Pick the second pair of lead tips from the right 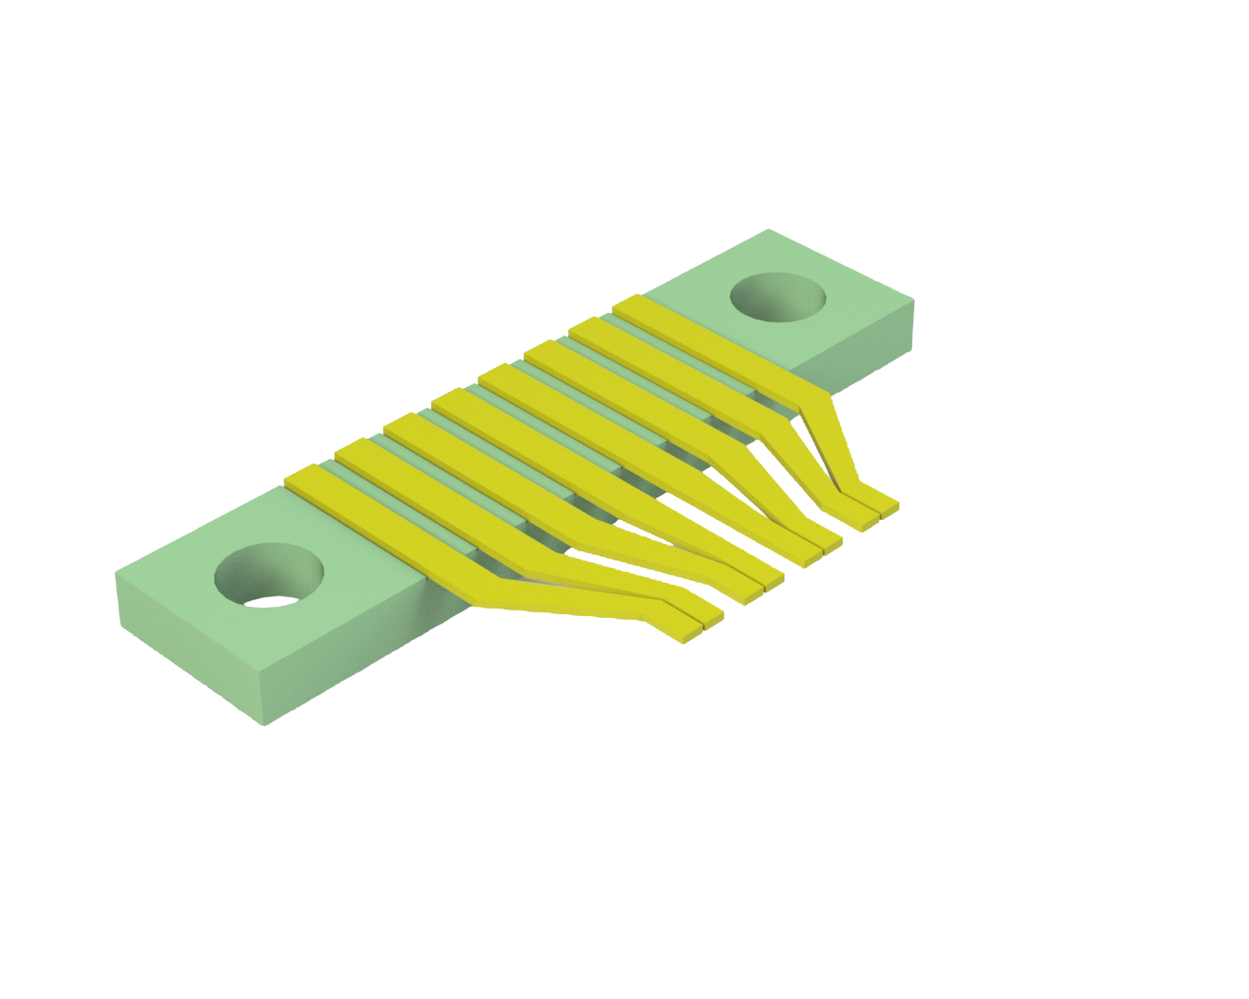pyautogui.click(x=823, y=546)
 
